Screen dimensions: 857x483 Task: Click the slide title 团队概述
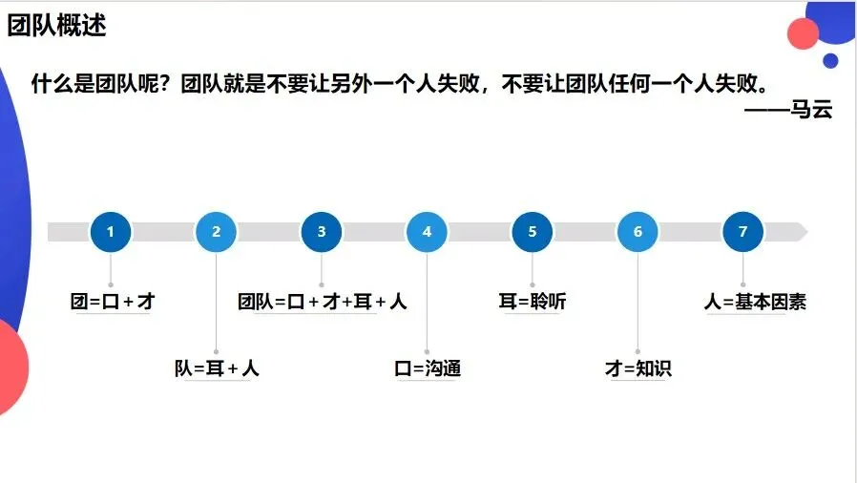[56, 26]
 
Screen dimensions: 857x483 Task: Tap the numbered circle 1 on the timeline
[111, 232]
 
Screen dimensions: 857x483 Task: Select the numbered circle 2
[217, 232]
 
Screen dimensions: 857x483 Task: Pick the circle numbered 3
[322, 232]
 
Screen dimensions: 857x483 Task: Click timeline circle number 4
[427, 232]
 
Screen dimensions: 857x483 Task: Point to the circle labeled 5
[533, 232]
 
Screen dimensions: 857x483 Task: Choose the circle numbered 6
[638, 232]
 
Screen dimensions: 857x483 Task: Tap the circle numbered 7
[743, 232]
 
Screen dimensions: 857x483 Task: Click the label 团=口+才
[113, 302]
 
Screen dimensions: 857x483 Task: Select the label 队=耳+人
[217, 368]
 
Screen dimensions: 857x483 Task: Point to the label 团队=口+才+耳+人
[323, 302]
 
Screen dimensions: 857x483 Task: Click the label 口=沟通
[428, 368]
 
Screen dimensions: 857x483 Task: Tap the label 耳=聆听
[533, 302]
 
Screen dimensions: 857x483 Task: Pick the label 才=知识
[638, 368]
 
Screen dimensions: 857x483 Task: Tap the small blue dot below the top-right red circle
[830, 61]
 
